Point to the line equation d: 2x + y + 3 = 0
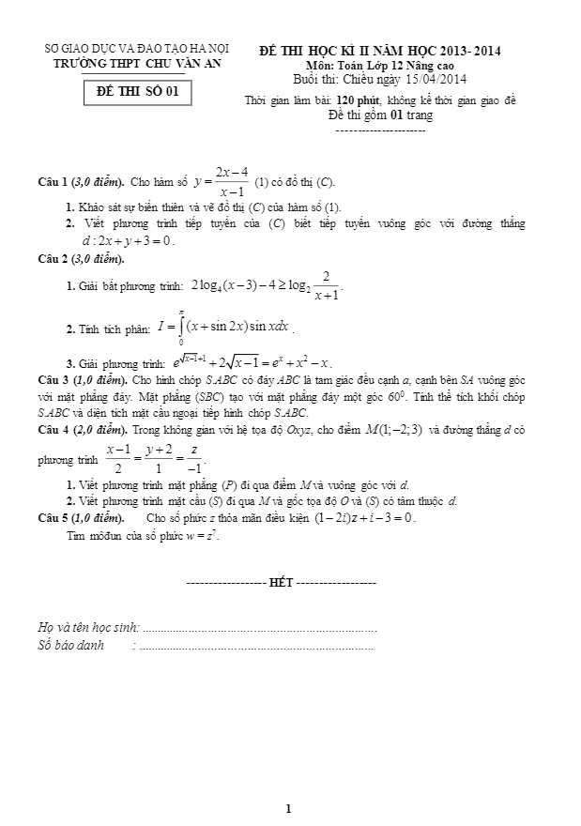pyautogui.click(x=129, y=240)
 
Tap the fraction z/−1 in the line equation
pyautogui.click(x=195, y=461)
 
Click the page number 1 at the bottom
pyautogui.click(x=289, y=808)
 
